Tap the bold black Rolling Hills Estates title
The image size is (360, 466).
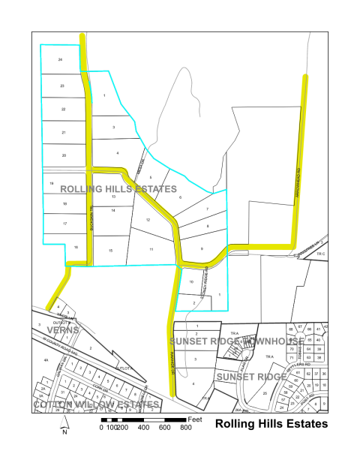pyautogui.click(x=271, y=424)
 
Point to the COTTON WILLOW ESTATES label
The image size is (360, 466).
pyautogui.click(x=97, y=404)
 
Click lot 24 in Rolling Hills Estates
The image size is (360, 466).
pyautogui.click(x=60, y=59)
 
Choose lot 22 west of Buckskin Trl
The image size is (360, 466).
pyautogui.click(x=63, y=110)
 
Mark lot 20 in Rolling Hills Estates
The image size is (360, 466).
pyautogui.click(x=64, y=155)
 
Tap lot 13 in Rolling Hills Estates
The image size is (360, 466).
pyautogui.click(x=113, y=197)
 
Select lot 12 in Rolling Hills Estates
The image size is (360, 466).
pyautogui.click(x=148, y=220)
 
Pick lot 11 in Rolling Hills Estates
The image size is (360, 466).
pyautogui.click(x=151, y=248)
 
